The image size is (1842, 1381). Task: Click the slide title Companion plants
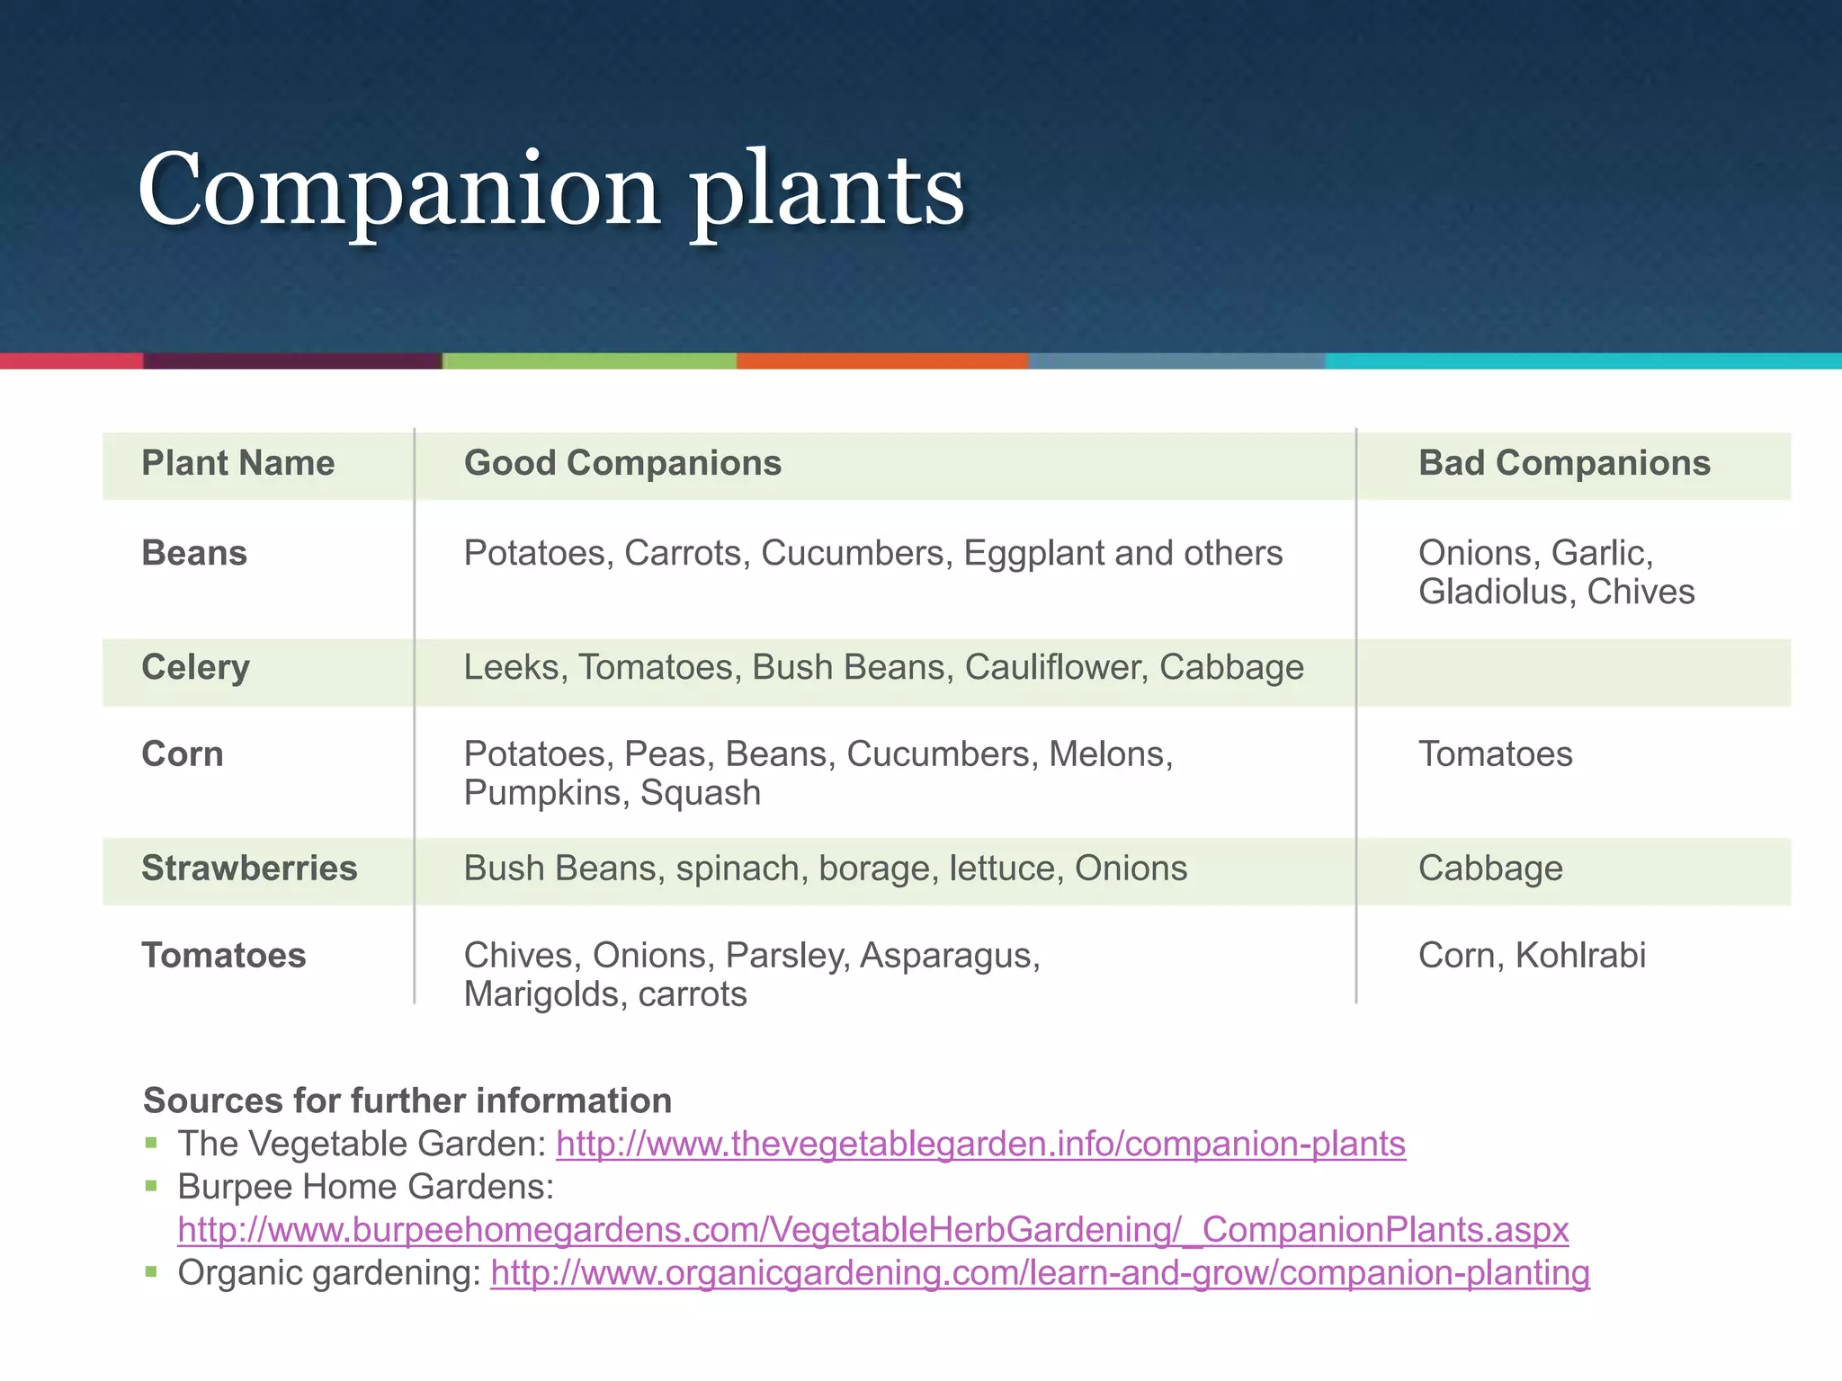pyautogui.click(x=550, y=191)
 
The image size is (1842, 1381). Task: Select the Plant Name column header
pyautogui.click(x=237, y=463)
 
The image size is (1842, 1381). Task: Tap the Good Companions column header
pyautogui.click(x=622, y=463)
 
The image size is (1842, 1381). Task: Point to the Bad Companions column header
pyautogui.click(x=1564, y=463)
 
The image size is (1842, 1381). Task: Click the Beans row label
pyautogui.click(x=194, y=553)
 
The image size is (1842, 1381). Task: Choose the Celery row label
pyautogui.click(x=195, y=667)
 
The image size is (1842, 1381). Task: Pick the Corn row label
pyautogui.click(x=183, y=753)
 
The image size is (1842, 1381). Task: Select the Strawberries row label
pyautogui.click(x=249, y=869)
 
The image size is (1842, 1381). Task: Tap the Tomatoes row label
pyautogui.click(x=224, y=955)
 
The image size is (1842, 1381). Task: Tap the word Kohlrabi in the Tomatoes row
pyautogui.click(x=1580, y=955)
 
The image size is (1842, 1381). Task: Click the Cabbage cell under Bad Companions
pyautogui.click(x=1490, y=869)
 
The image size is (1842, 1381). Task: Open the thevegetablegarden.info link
pyautogui.click(x=980, y=1144)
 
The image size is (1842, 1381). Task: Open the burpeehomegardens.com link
pyautogui.click(x=872, y=1229)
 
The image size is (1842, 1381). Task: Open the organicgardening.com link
pyautogui.click(x=1040, y=1273)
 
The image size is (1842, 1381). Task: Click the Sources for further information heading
pyautogui.click(x=407, y=1100)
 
